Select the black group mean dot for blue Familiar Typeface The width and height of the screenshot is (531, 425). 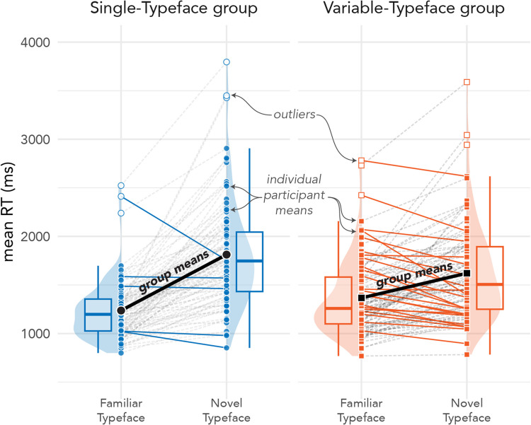pyautogui.click(x=121, y=310)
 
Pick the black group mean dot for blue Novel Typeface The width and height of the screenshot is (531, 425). pyautogui.click(x=227, y=254)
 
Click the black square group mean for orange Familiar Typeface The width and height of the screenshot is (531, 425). pyautogui.click(x=361, y=298)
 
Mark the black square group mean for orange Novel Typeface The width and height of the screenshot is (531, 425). pyautogui.click(x=467, y=273)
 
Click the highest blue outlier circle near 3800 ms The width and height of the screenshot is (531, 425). pyautogui.click(x=227, y=62)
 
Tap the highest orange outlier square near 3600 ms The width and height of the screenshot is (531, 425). pyautogui.click(x=467, y=82)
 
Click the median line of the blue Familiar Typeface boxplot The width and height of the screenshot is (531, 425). pyautogui.click(x=98, y=314)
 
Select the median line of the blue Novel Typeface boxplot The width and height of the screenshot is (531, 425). pyautogui.click(x=250, y=261)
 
